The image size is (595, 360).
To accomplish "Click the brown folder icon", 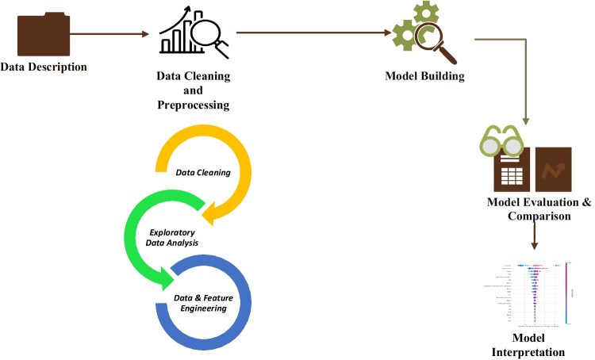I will (41, 34).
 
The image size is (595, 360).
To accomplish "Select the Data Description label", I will (44, 67).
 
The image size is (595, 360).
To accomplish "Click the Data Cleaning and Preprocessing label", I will (193, 90).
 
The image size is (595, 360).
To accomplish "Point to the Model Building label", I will (424, 77).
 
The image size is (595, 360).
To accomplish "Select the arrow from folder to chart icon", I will (110, 34).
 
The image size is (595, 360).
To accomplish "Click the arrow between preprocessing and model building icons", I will (317, 33).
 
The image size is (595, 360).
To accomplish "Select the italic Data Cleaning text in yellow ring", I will (203, 171).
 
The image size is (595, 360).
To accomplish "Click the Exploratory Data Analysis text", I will (174, 237).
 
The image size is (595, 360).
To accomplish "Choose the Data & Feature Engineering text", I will (206, 302).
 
